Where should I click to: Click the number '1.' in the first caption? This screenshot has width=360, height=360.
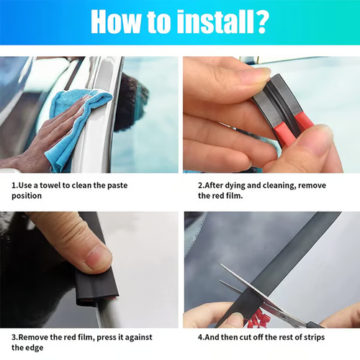coord(14,186)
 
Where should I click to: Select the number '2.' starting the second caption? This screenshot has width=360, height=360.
coord(202,186)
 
